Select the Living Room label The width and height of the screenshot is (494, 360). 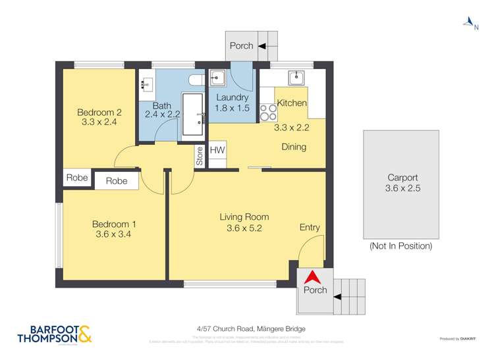coord(244,217)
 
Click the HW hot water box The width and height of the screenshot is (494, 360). coord(217,151)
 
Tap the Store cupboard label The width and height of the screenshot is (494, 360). coord(200,157)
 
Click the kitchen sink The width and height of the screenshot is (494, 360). coord(298,78)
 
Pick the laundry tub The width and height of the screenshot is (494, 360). coord(219,78)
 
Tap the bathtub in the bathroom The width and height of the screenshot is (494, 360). coord(194,115)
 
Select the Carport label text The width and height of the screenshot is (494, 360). coord(401,178)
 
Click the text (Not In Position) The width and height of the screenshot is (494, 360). coord(400,246)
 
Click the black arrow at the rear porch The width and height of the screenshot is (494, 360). coord(262,46)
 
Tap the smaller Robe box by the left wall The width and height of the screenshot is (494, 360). coord(77,178)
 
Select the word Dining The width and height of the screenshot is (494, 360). coord(293,147)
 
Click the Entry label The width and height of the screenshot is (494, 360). coord(310,228)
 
